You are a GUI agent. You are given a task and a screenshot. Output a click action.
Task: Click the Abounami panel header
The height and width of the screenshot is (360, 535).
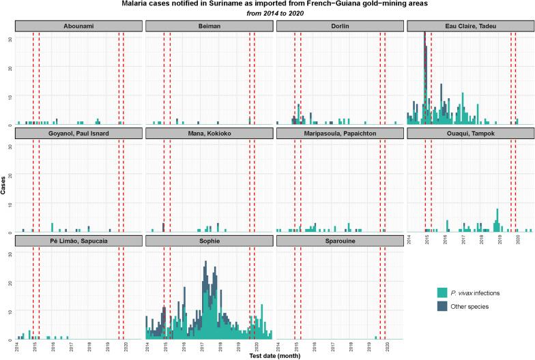coord(78,26)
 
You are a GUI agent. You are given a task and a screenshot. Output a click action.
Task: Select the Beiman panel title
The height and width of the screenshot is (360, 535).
coord(209,26)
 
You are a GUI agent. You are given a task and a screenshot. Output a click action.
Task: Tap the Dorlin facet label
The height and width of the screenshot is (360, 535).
coord(339,26)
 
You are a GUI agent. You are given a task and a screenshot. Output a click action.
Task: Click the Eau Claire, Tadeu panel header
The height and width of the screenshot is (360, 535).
coord(469,26)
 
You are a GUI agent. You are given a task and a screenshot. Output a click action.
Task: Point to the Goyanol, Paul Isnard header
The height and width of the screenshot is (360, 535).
coord(78,134)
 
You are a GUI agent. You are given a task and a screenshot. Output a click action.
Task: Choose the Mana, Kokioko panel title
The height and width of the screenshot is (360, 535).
coord(209,134)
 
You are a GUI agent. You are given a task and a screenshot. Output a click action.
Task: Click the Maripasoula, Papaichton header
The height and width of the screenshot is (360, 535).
coord(339,134)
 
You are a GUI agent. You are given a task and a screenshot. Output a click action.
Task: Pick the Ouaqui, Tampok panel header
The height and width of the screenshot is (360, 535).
coord(469,134)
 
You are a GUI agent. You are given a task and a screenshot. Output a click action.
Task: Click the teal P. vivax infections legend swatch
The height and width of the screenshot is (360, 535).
coord(442,292)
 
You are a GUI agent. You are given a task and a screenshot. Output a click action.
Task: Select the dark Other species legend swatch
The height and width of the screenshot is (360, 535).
coord(442,307)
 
